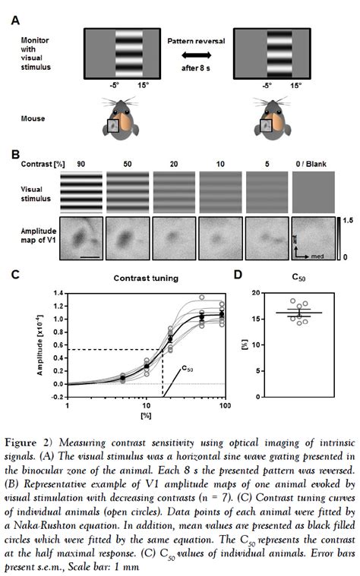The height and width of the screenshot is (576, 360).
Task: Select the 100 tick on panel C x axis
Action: (226, 407)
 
